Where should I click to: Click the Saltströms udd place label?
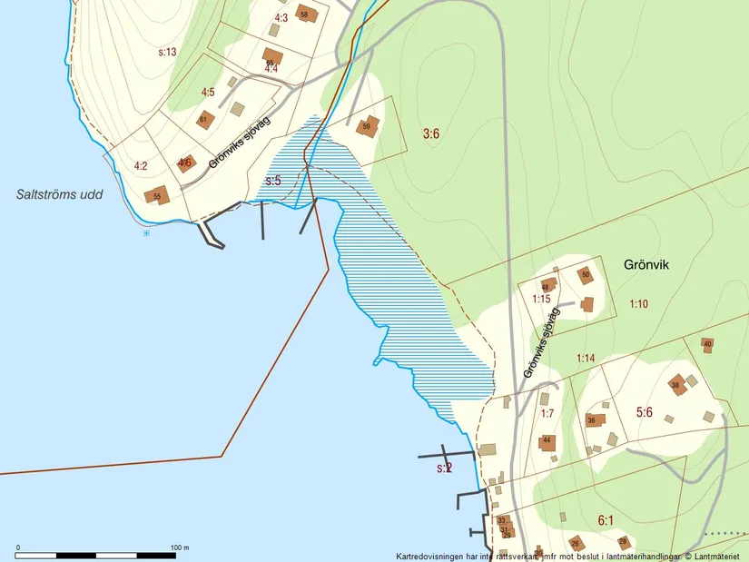tap(60, 194)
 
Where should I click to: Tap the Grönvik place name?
tap(646, 265)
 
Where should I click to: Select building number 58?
tap(303, 15)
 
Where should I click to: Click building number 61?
tap(203, 120)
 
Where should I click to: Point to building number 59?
tap(367, 126)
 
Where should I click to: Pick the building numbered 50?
tap(586, 273)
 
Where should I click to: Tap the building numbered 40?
tap(707, 344)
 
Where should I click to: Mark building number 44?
tap(547, 441)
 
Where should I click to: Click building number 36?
tap(591, 420)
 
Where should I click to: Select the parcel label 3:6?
tap(431, 134)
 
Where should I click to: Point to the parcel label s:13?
tap(167, 52)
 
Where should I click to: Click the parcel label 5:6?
tap(645, 412)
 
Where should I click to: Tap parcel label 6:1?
tap(606, 520)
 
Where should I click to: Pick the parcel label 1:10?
tap(638, 304)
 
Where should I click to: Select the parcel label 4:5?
tap(208, 92)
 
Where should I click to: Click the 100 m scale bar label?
tap(180, 547)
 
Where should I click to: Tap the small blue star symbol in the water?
tap(145, 233)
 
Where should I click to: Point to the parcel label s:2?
tap(444, 468)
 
